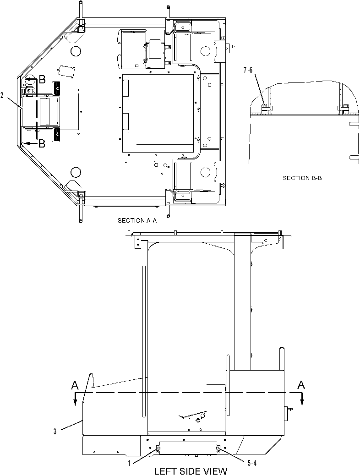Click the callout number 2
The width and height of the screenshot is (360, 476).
click(x=2, y=96)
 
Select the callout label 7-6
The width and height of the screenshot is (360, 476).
click(x=248, y=70)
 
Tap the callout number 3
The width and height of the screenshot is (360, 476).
click(x=55, y=432)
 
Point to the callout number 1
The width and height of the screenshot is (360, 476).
click(x=129, y=463)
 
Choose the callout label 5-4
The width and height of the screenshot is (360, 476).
click(x=251, y=463)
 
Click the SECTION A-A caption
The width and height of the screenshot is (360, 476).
click(x=137, y=221)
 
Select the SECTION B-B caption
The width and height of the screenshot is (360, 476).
click(x=302, y=178)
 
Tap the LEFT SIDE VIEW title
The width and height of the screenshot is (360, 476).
click(x=191, y=471)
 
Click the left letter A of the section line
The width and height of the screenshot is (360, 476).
click(x=75, y=385)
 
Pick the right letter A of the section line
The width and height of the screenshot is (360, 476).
click(x=301, y=385)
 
